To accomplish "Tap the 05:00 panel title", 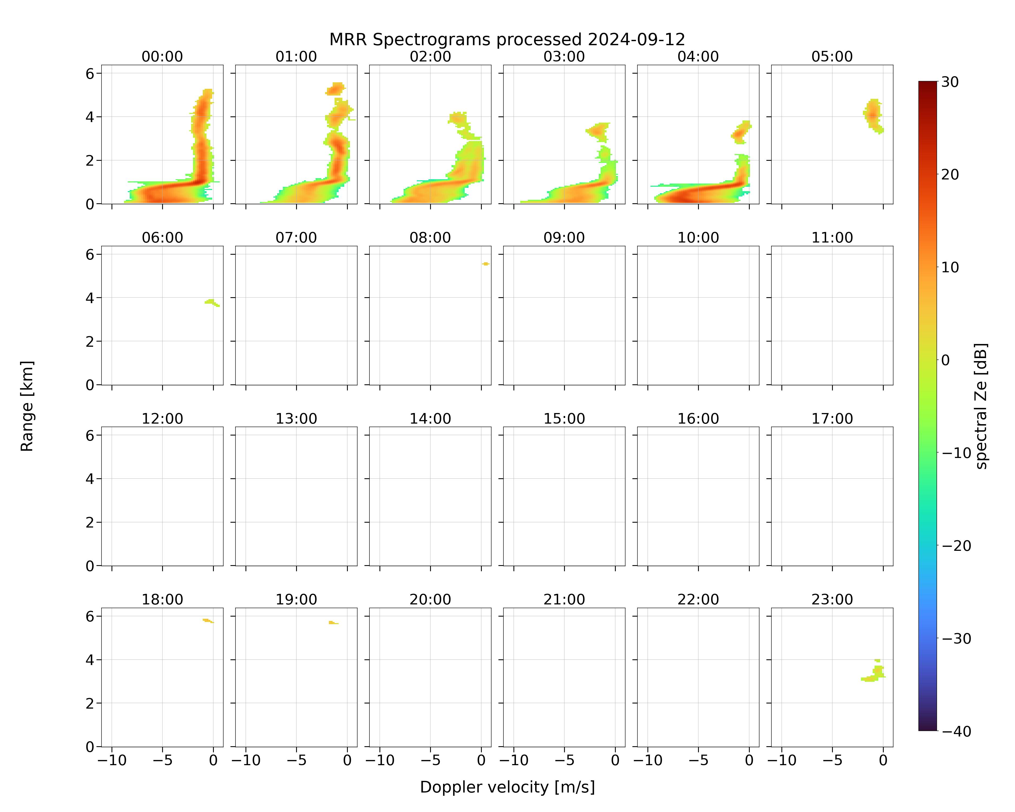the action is click(832, 57).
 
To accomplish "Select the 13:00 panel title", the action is click(296, 418).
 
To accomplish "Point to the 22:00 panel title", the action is click(698, 599).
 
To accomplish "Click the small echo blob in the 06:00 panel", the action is click(211, 302).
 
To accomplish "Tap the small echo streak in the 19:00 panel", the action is click(333, 622).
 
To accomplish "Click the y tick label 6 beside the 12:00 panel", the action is click(90, 436).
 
